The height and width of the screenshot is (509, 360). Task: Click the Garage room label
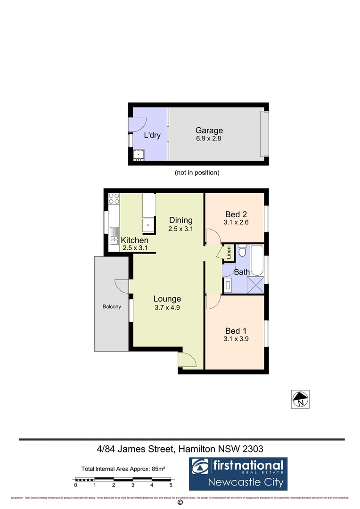pos(209,131)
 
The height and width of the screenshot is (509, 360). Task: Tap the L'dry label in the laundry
pos(152,136)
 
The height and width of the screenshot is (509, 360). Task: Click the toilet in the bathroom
pos(242,249)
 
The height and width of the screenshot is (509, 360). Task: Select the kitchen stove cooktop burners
pos(114,198)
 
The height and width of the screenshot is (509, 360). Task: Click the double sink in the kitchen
pos(115,235)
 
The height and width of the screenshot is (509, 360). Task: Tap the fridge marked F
pos(149,225)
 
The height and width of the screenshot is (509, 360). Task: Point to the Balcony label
pos(112,307)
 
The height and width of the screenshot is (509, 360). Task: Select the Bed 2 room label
pos(236,213)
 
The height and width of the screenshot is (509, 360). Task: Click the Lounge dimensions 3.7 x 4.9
pos(167,307)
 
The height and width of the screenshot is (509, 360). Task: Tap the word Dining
pos(181,220)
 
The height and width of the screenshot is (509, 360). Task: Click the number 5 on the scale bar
pos(171,484)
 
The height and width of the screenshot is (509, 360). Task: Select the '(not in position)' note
pos(197,172)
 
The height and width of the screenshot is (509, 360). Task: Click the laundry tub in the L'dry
pos(139,155)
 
